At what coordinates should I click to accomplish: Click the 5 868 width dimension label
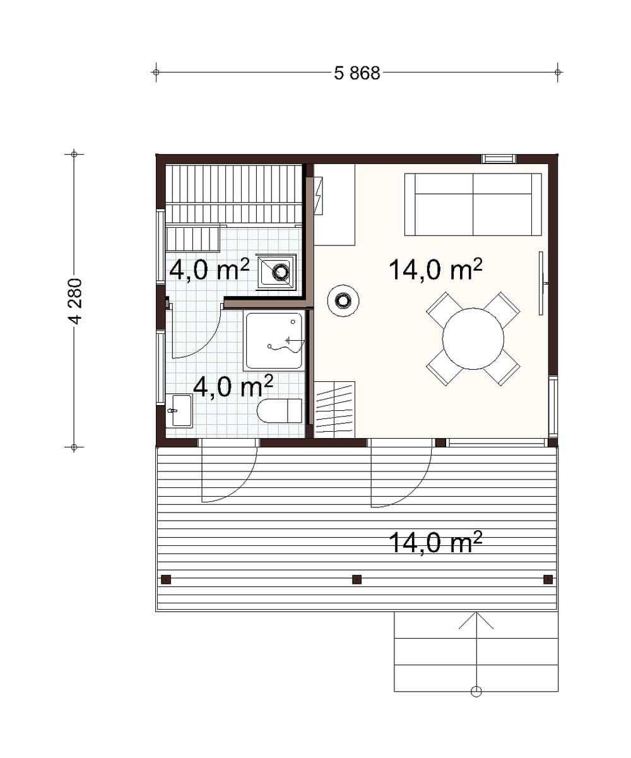coord(357,73)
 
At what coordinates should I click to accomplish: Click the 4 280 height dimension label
coord(76,301)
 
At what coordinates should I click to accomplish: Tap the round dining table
coord(473,338)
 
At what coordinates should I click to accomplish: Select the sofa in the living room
coord(473,204)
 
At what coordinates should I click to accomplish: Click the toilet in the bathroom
coord(279,411)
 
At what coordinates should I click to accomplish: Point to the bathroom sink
coord(179,411)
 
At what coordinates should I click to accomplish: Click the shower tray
coord(274,341)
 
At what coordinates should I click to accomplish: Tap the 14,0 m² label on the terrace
coord(435,542)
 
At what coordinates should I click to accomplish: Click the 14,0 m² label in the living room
coord(435,269)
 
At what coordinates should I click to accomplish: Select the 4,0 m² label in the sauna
coord(209,269)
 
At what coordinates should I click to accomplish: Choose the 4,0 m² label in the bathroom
coord(233,386)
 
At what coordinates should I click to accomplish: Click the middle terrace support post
coord(357,579)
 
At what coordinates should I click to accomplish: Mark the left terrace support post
coord(166,579)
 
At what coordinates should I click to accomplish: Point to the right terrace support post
coord(548,579)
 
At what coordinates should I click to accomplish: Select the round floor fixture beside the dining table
coord(343,300)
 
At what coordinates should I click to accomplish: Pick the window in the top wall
coord(499,158)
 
